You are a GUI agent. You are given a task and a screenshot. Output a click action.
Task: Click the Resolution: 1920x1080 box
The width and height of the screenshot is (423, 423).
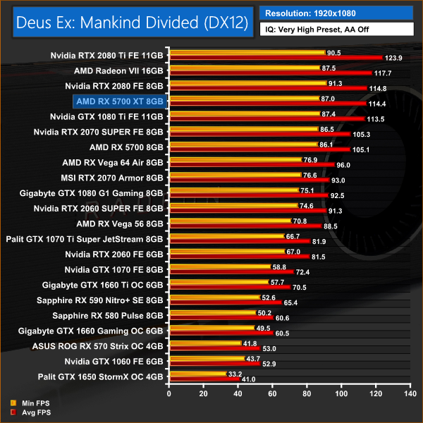[x=336, y=13]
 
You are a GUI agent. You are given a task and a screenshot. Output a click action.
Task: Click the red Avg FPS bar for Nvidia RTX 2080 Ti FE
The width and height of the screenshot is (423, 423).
[x=275, y=58]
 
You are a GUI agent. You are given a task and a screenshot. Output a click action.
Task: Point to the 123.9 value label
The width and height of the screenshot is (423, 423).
[x=392, y=58]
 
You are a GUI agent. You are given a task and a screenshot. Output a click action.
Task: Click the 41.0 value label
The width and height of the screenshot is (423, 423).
[x=249, y=380]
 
